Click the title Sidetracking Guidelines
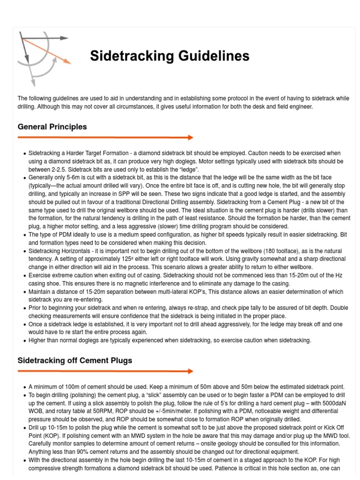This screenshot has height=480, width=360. coord(169,56)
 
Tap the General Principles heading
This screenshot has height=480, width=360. coord(52,127)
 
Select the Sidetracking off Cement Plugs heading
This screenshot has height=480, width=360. coord(75,360)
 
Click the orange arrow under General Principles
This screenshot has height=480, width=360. coord(105,137)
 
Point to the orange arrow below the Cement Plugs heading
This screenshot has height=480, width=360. coord(105,371)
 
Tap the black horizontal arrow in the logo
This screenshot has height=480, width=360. coord(45,38)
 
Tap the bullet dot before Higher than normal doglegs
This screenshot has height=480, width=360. coord(24,341)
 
